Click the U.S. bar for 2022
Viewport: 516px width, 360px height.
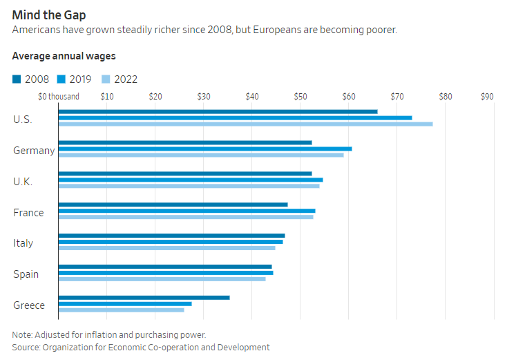pos(245,124)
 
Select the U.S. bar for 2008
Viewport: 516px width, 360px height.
pos(218,111)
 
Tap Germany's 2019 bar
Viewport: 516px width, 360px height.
pos(205,149)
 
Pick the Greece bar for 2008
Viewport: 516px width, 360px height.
pos(144,298)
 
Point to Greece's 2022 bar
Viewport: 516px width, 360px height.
pos(121,310)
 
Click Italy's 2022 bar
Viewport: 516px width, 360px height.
pos(166,247)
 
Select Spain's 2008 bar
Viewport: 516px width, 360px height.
pos(165,267)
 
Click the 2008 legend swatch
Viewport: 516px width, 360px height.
pos(17,79)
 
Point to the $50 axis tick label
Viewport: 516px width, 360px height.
pos(300,97)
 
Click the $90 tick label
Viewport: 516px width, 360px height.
pos(487,97)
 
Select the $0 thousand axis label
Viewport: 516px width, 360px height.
pos(59,97)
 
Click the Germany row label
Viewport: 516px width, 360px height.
pos(34,151)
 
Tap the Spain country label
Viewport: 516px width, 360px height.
pos(26,274)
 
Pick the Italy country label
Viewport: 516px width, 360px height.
pos(23,243)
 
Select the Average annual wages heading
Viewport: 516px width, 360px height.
pos(64,56)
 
